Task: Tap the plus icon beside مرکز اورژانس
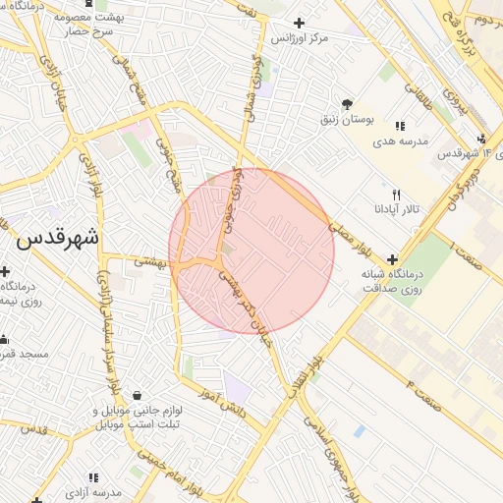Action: coord(299,23)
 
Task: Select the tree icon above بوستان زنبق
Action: coord(347,104)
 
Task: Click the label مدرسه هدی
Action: coord(400,141)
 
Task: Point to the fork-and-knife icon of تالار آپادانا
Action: coord(396,195)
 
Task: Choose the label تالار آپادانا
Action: coord(396,210)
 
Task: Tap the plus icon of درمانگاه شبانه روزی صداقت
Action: coord(393,260)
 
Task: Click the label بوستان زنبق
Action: coord(347,120)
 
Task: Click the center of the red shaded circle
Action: coord(251,251)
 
